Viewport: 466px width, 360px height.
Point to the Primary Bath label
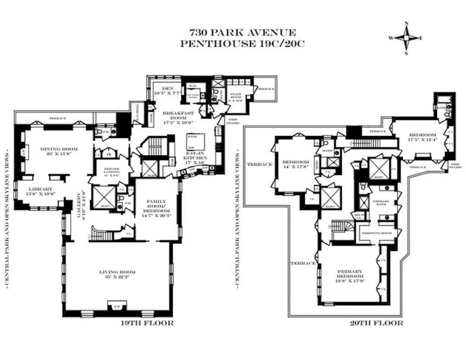click(x=379, y=201)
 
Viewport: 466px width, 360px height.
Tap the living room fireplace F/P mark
click(x=116, y=307)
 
